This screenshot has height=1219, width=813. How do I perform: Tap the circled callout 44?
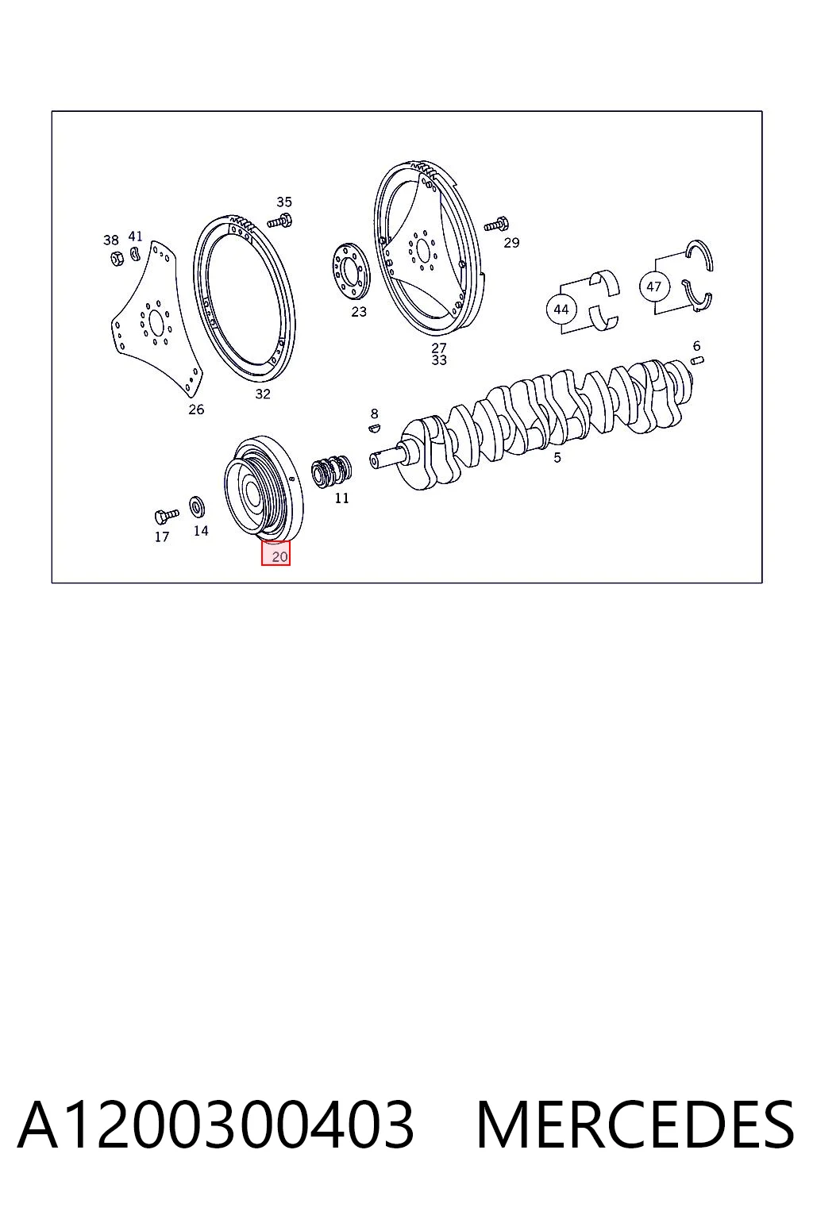pyautogui.click(x=561, y=309)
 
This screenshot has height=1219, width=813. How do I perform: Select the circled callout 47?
pyautogui.click(x=653, y=286)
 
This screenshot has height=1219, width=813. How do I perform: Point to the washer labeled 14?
pyautogui.click(x=197, y=506)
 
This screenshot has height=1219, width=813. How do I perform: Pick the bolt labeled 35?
pyautogui.click(x=280, y=221)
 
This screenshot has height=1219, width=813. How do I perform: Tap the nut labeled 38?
pyautogui.click(x=116, y=259)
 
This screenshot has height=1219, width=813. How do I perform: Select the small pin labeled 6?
pyautogui.click(x=698, y=360)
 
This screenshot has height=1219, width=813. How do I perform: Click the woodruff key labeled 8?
pyautogui.click(x=374, y=428)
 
